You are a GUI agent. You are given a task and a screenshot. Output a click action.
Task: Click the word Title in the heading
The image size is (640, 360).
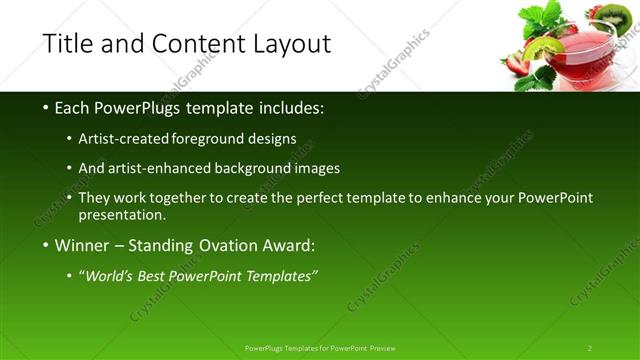pos(68,44)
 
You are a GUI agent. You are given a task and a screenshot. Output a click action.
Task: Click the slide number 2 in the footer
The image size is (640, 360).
pos(590,348)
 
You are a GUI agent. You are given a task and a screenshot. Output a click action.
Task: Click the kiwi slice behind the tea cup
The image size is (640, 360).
pos(627,17)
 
